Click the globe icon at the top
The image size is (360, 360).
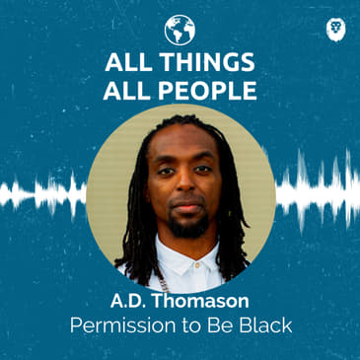click(x=180, y=29)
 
